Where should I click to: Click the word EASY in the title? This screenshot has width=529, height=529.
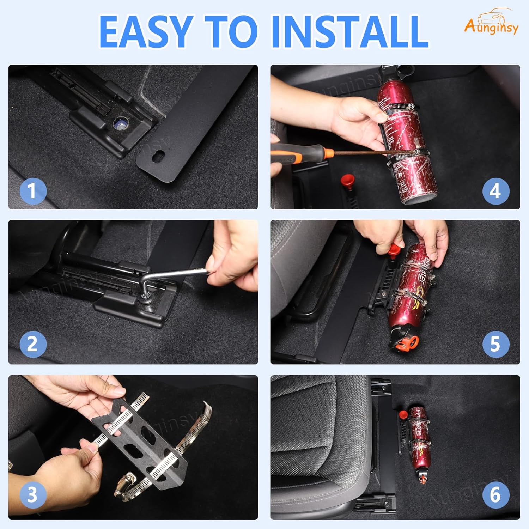click(x=145, y=32)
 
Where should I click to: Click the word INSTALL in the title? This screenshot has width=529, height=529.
click(x=349, y=32)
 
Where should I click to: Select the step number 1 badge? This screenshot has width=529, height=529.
click(x=33, y=191)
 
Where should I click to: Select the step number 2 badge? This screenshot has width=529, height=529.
click(x=33, y=344)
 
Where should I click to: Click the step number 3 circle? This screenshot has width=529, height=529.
click(x=33, y=494)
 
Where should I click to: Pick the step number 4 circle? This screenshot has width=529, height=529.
click(x=495, y=191)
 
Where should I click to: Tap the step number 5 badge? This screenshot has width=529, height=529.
click(x=495, y=344)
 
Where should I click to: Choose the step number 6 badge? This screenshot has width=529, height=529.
click(x=495, y=494)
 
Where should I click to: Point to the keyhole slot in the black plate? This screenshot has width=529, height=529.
click(x=159, y=155)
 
